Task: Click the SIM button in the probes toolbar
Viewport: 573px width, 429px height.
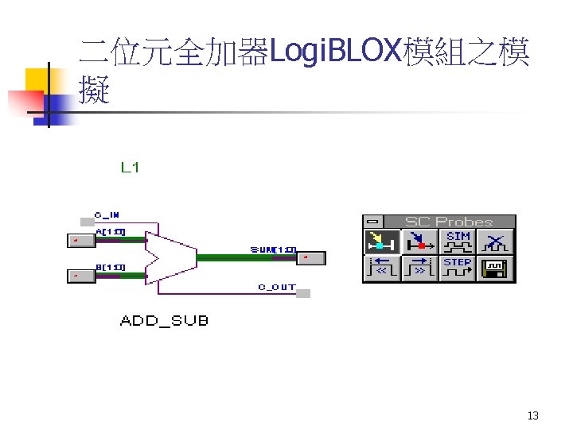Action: click(x=458, y=242)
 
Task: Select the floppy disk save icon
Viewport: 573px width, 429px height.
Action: click(x=496, y=269)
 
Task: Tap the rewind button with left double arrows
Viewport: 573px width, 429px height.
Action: click(x=381, y=269)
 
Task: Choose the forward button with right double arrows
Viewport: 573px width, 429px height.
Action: click(x=419, y=269)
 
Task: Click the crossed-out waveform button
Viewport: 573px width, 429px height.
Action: click(x=496, y=242)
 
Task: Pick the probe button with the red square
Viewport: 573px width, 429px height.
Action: click(x=419, y=242)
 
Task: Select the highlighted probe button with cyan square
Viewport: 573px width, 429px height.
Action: click(x=381, y=242)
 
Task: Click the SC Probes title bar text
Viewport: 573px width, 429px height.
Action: click(x=449, y=222)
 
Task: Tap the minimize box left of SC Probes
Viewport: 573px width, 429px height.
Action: click(x=372, y=222)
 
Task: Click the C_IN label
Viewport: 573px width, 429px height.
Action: click(x=107, y=214)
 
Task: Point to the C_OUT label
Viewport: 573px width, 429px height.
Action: click(x=277, y=287)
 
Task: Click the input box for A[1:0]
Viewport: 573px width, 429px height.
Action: click(x=80, y=239)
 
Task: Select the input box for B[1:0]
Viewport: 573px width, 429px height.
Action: click(x=80, y=276)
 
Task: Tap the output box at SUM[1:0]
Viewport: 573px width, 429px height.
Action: click(x=312, y=257)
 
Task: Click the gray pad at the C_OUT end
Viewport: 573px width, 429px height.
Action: click(x=303, y=294)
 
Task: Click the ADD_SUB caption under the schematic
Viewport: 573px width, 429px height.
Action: click(x=164, y=321)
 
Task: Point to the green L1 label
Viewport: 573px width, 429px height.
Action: click(x=131, y=168)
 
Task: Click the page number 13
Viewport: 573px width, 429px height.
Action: click(x=533, y=416)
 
